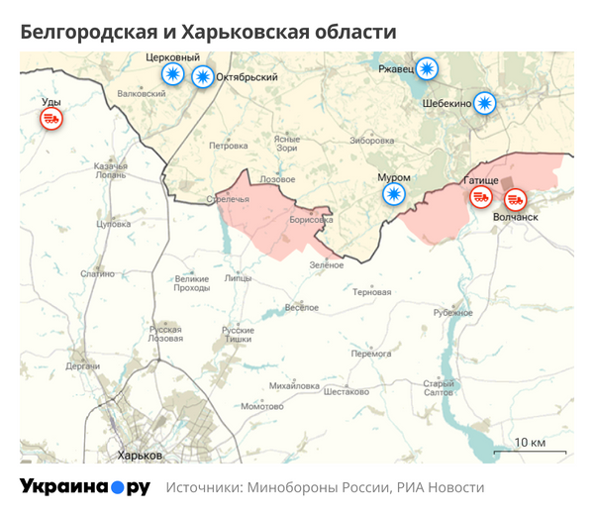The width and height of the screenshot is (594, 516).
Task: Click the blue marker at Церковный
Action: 173,75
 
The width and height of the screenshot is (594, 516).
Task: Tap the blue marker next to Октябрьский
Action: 202,76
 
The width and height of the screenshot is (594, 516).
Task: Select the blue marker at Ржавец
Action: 427,68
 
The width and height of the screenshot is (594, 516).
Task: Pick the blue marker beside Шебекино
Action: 484,102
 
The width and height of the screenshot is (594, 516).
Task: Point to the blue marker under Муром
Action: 395,193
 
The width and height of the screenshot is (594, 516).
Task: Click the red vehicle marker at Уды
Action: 51,119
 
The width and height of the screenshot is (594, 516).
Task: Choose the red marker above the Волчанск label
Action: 516,197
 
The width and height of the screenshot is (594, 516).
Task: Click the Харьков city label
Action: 139,455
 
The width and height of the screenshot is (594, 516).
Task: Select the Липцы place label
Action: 238,279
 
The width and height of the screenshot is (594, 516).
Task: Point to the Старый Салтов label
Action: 439,388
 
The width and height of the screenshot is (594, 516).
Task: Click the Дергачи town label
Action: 83,365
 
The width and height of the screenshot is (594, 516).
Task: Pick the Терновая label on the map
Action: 372,292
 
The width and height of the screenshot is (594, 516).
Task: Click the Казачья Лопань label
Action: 111,169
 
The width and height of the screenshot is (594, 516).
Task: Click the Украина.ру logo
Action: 85,487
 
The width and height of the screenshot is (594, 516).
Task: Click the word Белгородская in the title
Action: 86,32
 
